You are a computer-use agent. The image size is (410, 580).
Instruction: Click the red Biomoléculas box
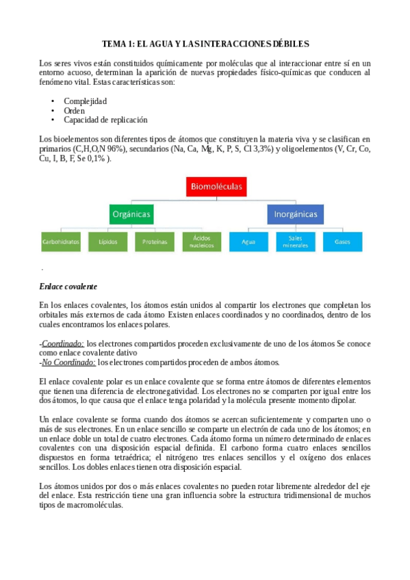pos(216,186)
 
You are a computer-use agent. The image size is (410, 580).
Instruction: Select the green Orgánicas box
pos(131,215)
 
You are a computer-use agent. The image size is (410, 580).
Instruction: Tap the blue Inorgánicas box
pos(295,215)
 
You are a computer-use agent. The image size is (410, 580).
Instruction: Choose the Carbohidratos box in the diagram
pos(61,242)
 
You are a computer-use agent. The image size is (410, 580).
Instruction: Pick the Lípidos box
pos(107,242)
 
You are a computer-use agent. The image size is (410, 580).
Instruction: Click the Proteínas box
pos(155,242)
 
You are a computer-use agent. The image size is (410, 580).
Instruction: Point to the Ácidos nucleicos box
pos(202,242)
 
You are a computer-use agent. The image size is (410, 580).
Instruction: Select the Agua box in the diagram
pos(248,242)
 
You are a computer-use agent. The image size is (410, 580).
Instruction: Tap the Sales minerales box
pos(295,242)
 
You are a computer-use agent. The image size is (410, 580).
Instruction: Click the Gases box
pos(342,242)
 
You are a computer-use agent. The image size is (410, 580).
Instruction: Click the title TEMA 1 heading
pos(205,43)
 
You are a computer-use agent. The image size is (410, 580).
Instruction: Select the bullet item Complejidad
pos(85,101)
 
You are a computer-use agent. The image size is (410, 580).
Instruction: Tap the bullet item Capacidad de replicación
pos(105,120)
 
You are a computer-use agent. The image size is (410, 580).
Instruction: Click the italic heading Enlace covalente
pos(68,286)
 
